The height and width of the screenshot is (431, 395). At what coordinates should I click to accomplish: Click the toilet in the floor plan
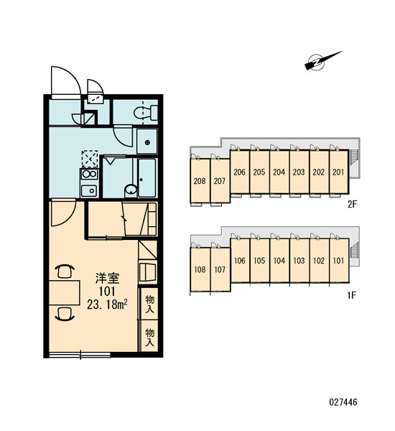coord(145,113)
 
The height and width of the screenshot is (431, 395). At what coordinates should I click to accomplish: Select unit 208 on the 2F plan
coord(200,181)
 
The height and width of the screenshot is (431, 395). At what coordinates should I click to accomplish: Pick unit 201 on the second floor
coord(339,172)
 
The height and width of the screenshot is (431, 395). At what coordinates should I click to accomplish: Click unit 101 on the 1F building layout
coord(339,260)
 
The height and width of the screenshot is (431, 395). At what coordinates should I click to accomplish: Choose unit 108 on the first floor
coord(200,269)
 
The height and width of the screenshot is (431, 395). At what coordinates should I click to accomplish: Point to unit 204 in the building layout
coord(279,172)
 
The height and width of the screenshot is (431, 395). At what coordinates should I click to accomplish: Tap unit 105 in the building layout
coord(259,260)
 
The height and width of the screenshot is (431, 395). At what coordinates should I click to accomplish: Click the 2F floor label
coord(352,205)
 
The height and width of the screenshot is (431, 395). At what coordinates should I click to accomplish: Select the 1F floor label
coord(352,295)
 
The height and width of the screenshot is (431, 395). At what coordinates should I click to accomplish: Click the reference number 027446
coord(343,402)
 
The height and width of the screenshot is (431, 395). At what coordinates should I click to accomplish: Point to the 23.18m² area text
coord(107,305)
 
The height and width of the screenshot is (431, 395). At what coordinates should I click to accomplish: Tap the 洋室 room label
coord(107,278)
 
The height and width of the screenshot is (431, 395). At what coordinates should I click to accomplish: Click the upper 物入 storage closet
coord(149,304)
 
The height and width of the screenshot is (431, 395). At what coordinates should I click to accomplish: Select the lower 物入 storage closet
coord(149,336)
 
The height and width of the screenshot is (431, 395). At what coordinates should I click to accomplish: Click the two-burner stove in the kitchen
coord(89,174)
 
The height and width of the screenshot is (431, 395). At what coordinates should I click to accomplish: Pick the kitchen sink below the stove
coord(89,190)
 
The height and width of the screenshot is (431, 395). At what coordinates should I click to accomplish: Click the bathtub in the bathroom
coord(147,178)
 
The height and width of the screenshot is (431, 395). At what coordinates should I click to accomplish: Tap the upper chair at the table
coord(65,271)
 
